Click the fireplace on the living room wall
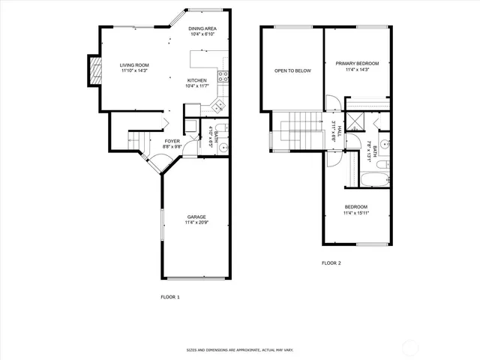click(94, 70)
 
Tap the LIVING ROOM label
click(135, 65)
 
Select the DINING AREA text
click(203, 28)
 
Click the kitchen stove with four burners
click(223, 75)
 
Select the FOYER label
click(172, 140)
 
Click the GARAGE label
click(197, 217)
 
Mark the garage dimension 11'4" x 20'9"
click(197, 223)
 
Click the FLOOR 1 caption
click(170, 297)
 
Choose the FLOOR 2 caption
click(331, 263)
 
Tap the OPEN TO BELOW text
click(292, 70)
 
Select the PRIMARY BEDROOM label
click(357, 63)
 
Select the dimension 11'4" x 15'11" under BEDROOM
click(356, 213)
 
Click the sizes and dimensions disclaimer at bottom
click(240, 349)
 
